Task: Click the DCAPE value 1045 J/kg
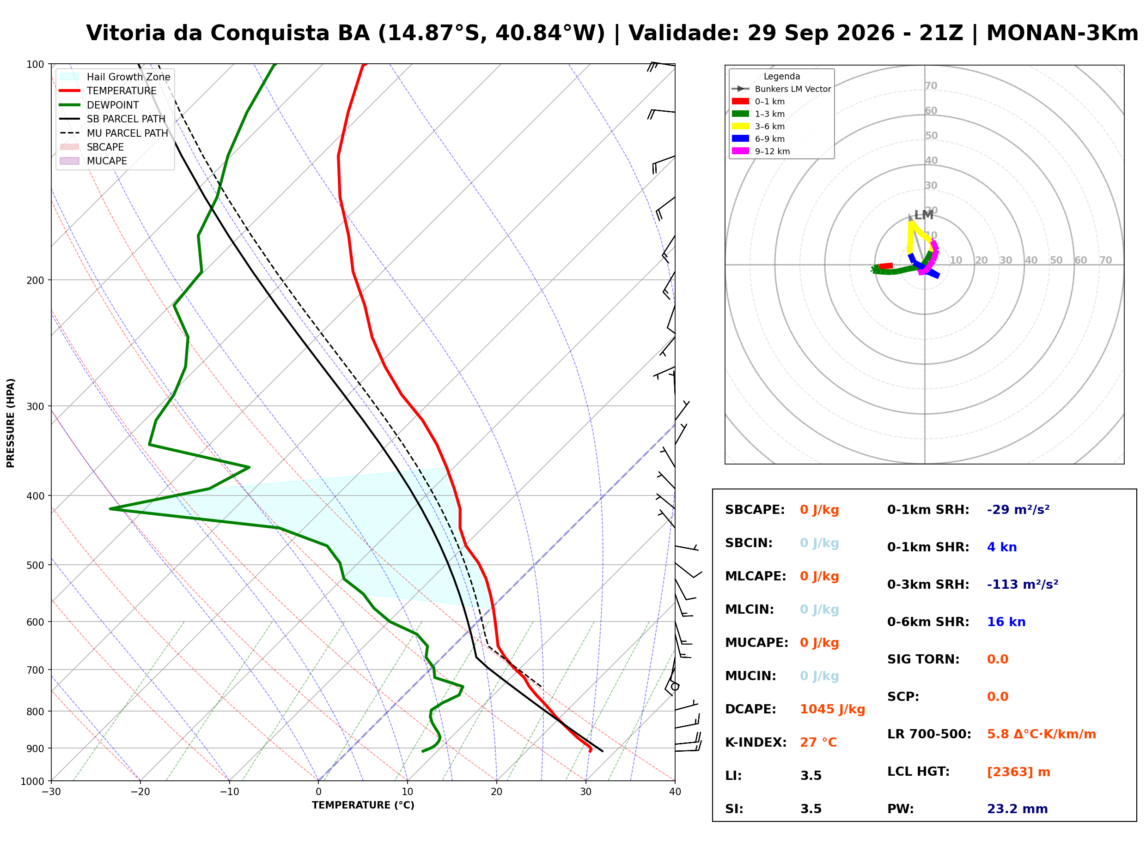point(832,709)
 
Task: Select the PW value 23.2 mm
point(1017,809)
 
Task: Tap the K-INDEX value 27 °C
point(818,742)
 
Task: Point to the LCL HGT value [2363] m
point(1018,773)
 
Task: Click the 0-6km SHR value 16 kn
point(1006,622)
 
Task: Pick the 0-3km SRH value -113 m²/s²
point(1022,585)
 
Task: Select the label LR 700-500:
point(929,735)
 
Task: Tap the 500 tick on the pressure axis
point(35,565)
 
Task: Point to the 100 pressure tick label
point(35,65)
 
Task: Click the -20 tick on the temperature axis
point(140,792)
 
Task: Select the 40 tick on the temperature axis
point(675,792)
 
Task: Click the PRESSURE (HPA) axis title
point(11,423)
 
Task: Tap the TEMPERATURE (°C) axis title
point(363,806)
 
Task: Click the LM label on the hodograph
point(923,215)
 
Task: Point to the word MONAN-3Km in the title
point(1062,33)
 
